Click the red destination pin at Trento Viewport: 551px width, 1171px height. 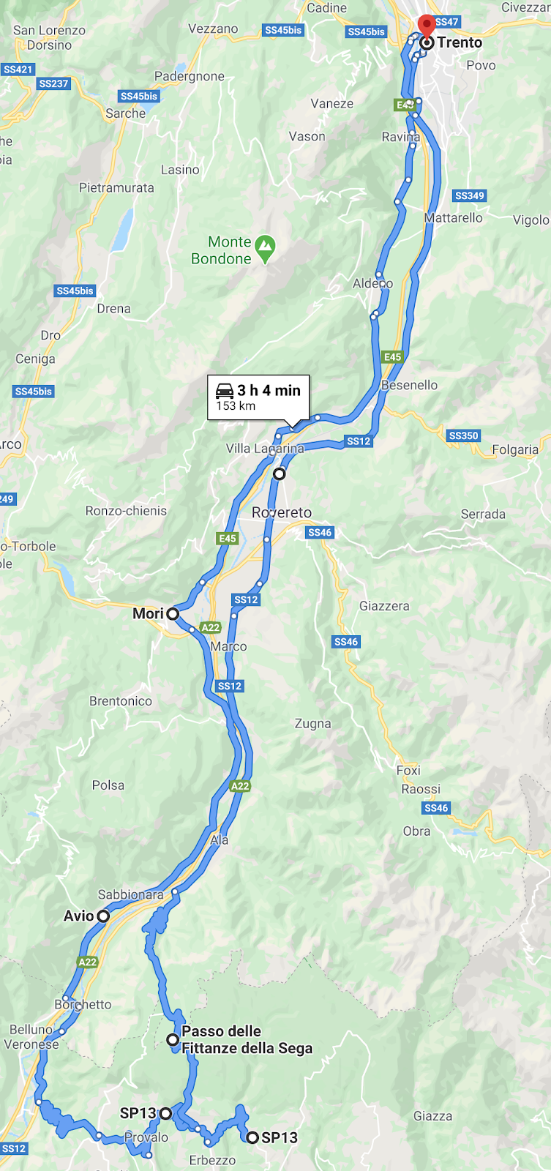(426, 26)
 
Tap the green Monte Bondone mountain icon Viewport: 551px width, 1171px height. (265, 249)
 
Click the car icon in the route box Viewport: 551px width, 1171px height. (225, 390)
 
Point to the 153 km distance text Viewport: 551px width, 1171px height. (236, 406)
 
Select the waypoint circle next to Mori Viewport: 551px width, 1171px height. (173, 614)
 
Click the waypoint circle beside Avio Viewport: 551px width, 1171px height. (103, 916)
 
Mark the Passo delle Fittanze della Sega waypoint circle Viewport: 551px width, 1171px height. (173, 1039)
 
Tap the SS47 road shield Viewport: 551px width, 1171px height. (446, 22)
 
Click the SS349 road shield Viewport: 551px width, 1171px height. (470, 195)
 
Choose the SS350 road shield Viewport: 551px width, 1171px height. (463, 435)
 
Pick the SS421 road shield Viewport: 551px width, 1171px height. (18, 70)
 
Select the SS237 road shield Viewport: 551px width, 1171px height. (54, 83)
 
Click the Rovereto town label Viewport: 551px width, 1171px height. (282, 512)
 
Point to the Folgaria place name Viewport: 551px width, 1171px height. (515, 449)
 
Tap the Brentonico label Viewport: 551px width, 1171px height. (121, 701)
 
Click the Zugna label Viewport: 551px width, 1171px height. (312, 724)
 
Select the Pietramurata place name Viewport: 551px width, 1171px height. (116, 188)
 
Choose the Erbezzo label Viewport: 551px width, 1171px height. (212, 1160)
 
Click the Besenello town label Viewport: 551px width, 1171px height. (410, 385)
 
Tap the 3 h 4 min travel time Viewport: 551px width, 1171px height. (269, 390)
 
